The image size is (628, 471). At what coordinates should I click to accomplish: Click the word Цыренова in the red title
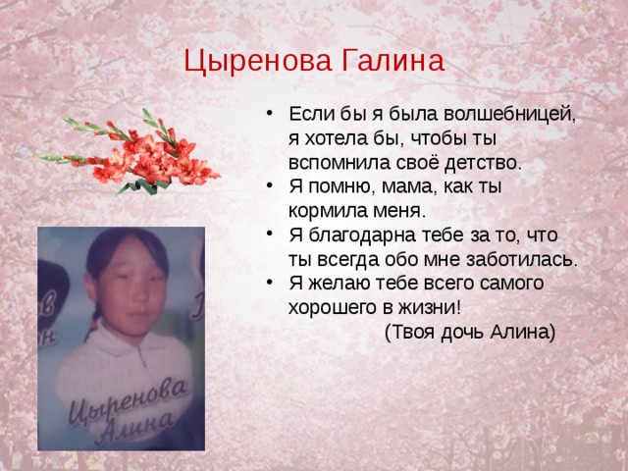coord(258,61)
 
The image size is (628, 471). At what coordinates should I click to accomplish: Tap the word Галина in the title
coord(392,61)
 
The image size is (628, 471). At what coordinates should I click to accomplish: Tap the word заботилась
coord(522,259)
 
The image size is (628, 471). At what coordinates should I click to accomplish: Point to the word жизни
coord(430,308)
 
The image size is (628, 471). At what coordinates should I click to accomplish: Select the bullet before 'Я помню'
coord(270,185)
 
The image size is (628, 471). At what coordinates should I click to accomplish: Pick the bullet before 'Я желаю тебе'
coord(270,282)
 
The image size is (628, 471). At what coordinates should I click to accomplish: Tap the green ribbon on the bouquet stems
coord(146,185)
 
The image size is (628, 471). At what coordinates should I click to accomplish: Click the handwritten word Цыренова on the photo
coord(128,400)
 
